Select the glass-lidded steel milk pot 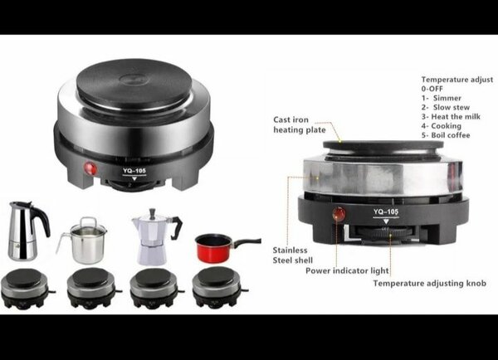[x=83, y=241]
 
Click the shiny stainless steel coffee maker [x=27, y=231]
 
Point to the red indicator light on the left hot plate [x=90, y=168]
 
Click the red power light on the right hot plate [x=339, y=214]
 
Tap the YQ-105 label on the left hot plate [x=134, y=171]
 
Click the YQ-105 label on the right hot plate [x=386, y=212]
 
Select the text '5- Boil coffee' [x=446, y=135]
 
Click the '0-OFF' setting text [x=432, y=89]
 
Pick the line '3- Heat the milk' [x=451, y=116]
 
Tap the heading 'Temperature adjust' [x=457, y=80]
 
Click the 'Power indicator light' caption [x=347, y=270]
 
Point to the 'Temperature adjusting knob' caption [x=429, y=283]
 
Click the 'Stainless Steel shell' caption [x=292, y=255]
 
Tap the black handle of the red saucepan [x=247, y=242]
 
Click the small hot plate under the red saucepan [x=219, y=287]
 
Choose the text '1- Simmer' [x=442, y=98]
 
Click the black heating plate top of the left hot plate [x=134, y=84]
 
